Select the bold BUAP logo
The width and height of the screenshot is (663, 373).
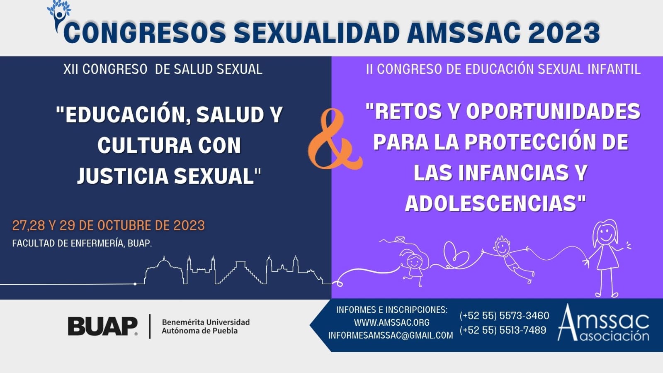tap(103, 326)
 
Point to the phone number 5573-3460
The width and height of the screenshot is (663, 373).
tap(504, 316)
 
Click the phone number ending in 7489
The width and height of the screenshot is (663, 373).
tap(503, 330)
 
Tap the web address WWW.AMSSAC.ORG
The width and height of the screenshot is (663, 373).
tap(391, 322)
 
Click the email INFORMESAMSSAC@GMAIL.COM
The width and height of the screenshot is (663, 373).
tap(391, 335)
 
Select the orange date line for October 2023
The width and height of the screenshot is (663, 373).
tap(108, 225)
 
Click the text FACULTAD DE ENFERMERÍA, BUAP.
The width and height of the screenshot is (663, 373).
tap(82, 243)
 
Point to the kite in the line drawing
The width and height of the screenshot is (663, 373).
tap(400, 240)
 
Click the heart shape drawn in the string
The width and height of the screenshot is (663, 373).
tap(456, 254)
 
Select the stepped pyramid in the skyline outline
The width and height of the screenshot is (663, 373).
tap(240, 273)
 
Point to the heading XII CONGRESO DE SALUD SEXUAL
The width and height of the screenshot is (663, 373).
tap(163, 69)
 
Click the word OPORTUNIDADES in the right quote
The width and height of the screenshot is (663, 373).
tap(554, 112)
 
